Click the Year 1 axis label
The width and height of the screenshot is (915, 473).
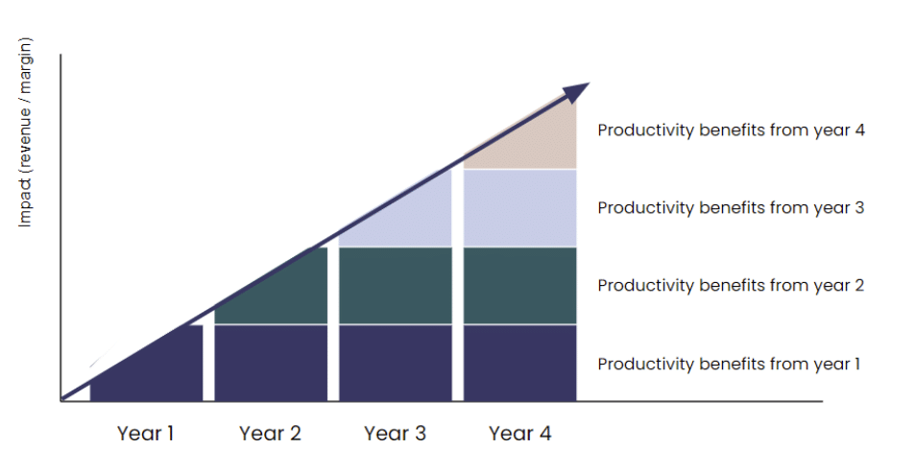(145, 434)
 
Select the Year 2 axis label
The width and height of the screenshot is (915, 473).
(270, 434)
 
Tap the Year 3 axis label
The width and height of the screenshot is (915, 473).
(395, 434)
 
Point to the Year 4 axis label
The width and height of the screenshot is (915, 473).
(520, 434)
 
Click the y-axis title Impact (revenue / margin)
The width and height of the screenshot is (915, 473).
(25, 132)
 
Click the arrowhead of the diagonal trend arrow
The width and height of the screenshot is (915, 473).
(576, 93)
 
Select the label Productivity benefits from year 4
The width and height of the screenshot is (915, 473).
(732, 130)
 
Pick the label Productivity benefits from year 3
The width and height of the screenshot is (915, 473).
(732, 207)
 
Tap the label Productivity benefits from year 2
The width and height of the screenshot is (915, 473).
(732, 285)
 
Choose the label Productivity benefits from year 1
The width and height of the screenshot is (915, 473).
(729, 364)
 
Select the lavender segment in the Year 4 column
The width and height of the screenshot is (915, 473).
(520, 208)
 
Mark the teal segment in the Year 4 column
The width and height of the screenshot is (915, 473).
(520, 286)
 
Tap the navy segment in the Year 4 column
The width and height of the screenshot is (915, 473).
(520, 364)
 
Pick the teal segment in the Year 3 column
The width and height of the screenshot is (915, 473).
(395, 286)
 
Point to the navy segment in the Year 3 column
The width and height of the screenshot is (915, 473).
(395, 364)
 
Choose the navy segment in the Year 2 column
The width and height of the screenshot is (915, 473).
(271, 364)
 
